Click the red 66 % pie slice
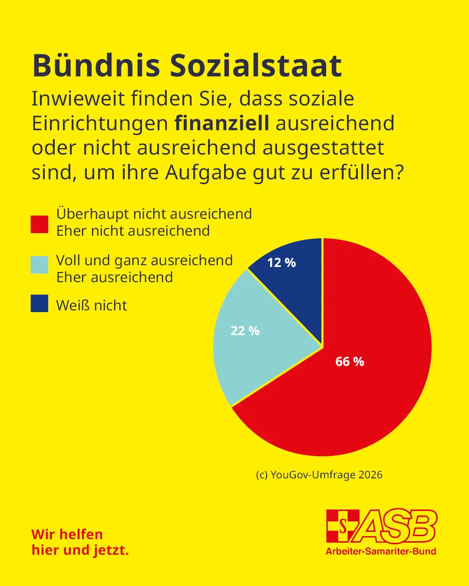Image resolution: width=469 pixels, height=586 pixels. point(369,391)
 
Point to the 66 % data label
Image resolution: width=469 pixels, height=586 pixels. point(350,362)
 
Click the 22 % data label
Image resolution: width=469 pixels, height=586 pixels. point(245,331)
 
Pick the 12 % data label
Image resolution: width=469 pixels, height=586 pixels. point(281,263)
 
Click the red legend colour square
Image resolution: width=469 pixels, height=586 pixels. point(40,224)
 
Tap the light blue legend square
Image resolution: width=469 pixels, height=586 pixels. point(40,265)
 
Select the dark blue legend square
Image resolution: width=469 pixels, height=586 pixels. point(40,303)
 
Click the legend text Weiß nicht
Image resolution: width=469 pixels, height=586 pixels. point(92,306)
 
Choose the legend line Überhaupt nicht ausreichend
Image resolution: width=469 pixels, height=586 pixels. point(154,214)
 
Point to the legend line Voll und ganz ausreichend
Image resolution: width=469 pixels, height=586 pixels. point(145,260)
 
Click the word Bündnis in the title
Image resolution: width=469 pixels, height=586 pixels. point(96,66)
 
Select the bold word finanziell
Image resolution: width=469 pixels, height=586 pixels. point(222,123)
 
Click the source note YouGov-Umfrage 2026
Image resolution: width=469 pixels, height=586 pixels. point(319,475)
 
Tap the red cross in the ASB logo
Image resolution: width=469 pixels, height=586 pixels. point(343,526)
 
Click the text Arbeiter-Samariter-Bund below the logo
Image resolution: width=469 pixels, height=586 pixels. point(381,551)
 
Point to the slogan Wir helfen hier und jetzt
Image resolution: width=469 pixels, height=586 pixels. point(80,542)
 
